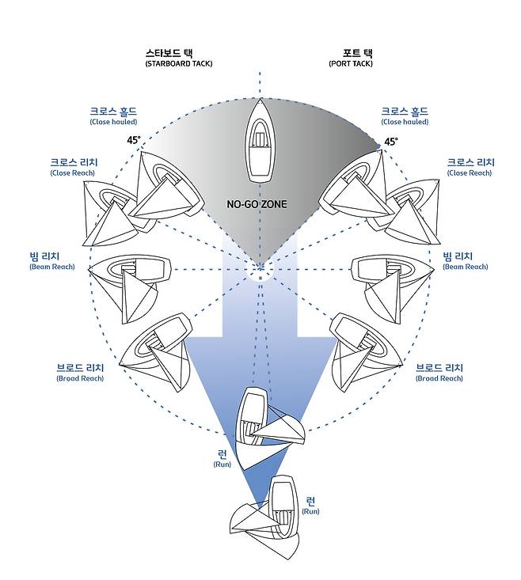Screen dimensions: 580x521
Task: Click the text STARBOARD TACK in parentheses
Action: click(179, 63)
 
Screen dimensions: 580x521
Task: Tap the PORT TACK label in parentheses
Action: click(351, 63)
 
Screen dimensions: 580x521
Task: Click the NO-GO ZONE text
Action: click(257, 204)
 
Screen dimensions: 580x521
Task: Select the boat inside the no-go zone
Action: click(259, 143)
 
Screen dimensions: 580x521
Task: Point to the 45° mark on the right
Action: click(390, 142)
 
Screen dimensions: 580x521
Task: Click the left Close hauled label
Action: click(113, 122)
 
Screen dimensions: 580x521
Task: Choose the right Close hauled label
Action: click(405, 122)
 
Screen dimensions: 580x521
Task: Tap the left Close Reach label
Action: click(72, 172)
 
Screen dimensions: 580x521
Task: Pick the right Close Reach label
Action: click(470, 172)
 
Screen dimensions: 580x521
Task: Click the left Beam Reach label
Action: click(51, 267)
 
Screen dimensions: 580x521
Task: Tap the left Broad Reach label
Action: click(80, 378)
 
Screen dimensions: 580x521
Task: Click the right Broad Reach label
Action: click(439, 378)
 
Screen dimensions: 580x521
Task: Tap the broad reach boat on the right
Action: click(360, 347)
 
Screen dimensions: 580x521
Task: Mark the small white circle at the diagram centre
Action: click(258, 271)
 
